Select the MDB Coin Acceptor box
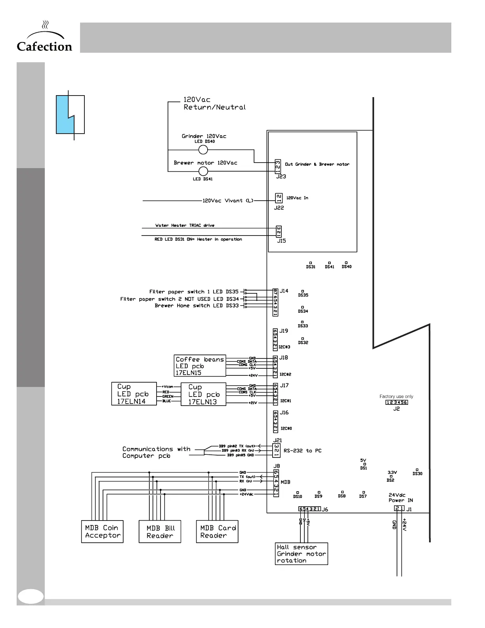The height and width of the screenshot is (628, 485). point(102,531)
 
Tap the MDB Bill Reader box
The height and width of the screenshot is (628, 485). point(160,532)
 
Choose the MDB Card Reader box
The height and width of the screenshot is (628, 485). point(217,531)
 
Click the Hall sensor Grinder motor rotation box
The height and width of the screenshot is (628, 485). point(302,553)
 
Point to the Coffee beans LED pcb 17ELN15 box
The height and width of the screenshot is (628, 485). point(200,366)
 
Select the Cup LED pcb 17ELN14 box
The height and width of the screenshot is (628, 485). point(134,394)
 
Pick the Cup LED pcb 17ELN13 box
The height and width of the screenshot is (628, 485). point(203,394)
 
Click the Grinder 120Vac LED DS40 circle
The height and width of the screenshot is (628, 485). point(203,150)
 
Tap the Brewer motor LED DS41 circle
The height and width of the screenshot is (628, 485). point(203,171)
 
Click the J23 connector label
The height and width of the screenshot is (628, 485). point(281,177)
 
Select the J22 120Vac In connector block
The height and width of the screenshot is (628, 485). point(279,198)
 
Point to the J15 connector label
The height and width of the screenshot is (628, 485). point(281,241)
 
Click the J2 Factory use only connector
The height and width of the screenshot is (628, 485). point(397,402)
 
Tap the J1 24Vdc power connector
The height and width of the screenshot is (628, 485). point(399,509)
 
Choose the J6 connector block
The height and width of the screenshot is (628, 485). point(309,509)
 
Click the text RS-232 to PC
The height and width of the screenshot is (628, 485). point(303,451)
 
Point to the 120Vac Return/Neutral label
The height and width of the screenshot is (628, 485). point(214,103)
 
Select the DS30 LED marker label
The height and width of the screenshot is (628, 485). point(417,474)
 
